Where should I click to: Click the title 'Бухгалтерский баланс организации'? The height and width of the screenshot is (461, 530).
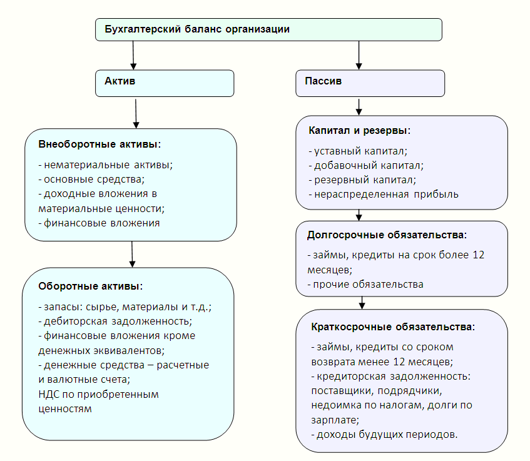(197, 29)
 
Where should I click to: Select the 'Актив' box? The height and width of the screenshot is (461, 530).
(165, 83)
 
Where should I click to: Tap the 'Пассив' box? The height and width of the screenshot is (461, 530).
(370, 83)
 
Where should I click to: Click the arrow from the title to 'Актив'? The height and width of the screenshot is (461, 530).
(133, 56)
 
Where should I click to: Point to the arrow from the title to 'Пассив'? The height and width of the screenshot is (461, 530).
(359, 56)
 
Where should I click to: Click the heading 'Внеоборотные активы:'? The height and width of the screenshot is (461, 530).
(99, 144)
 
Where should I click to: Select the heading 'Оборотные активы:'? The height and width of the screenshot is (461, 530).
(91, 286)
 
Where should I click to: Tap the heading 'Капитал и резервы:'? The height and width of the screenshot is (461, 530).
(359, 131)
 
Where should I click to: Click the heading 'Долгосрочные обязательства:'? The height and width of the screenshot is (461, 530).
(387, 235)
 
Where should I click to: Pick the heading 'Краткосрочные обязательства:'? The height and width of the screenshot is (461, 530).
(393, 327)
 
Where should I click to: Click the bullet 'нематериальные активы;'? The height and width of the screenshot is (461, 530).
(106, 165)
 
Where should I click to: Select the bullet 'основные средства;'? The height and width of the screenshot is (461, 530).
(91, 180)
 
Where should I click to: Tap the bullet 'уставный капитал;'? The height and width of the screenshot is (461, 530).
(358, 151)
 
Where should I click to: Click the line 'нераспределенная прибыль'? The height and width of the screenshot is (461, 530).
(384, 195)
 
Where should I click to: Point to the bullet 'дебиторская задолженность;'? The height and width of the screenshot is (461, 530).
(115, 322)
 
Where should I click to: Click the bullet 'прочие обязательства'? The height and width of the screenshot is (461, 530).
(365, 285)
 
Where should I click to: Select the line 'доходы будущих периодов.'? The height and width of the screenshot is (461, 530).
(384, 435)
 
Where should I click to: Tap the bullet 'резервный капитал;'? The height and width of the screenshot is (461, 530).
(362, 180)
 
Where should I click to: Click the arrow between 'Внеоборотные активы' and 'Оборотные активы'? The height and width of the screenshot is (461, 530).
(132, 254)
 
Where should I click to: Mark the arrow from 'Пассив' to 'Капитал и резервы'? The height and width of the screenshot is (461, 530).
(359, 107)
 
